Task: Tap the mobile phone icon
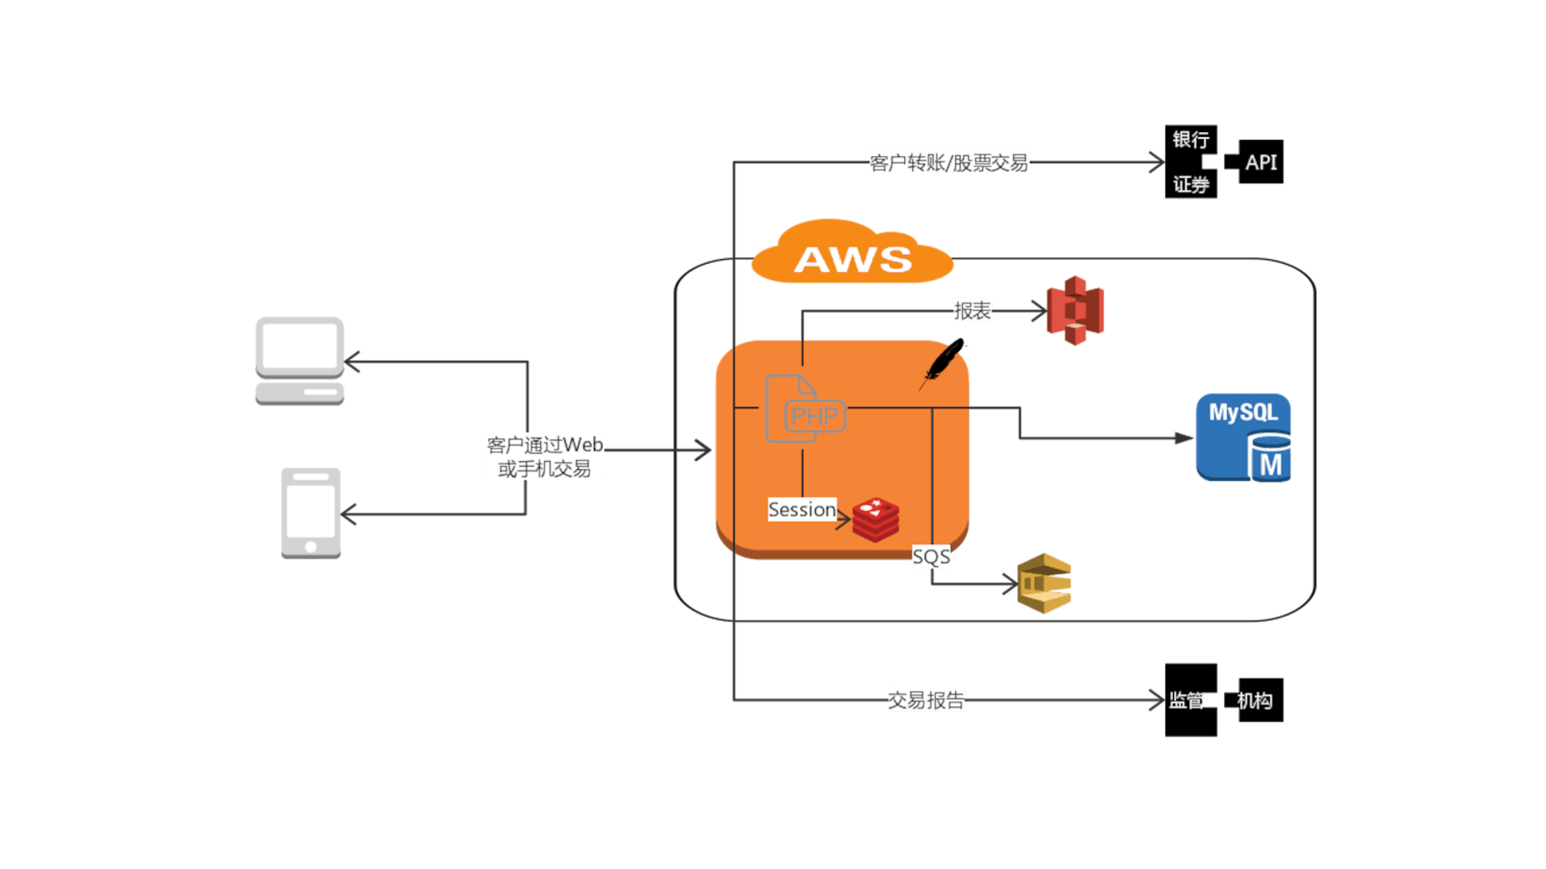[x=311, y=513]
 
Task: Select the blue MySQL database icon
[x=1243, y=438]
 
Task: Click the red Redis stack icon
[x=875, y=519]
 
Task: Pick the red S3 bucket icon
[x=1075, y=311]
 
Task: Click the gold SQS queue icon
[x=1044, y=583]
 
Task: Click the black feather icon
[x=945, y=361]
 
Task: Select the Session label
[x=802, y=509]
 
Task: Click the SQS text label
[x=931, y=557]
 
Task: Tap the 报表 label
[x=972, y=311]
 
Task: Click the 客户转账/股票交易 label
[x=949, y=163]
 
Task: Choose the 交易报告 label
[x=926, y=700]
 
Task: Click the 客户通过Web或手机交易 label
[x=545, y=456]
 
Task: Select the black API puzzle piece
[x=1259, y=162]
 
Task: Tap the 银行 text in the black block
[x=1191, y=140]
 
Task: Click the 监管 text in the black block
[x=1187, y=700]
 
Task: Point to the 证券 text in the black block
[x=1191, y=185]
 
